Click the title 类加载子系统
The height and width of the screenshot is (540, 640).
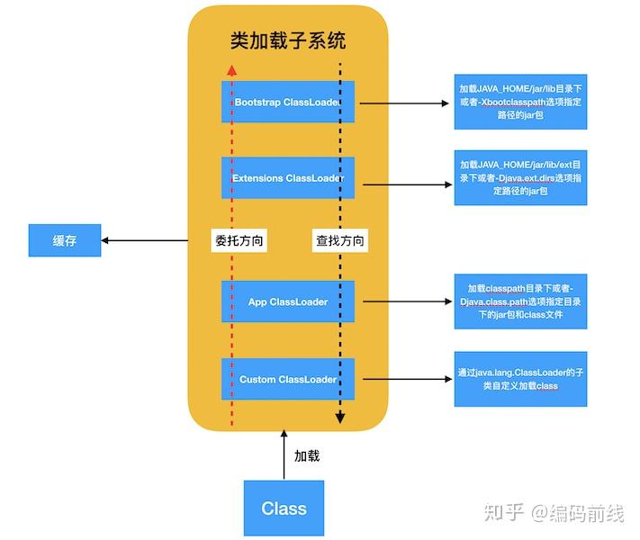pyautogui.click(x=288, y=40)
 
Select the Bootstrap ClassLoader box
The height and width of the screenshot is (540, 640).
pyautogui.click(x=288, y=102)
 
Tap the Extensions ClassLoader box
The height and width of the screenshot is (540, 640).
pyautogui.click(x=288, y=178)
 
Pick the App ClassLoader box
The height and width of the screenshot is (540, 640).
pyautogui.click(x=288, y=301)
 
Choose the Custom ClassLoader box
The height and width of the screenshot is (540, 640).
pyautogui.click(x=288, y=379)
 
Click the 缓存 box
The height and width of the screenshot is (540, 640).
pyautogui.click(x=65, y=240)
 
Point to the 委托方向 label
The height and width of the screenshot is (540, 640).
pyautogui.click(x=239, y=240)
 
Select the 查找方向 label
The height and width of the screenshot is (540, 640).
pyautogui.click(x=340, y=240)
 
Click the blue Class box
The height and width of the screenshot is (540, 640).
pyautogui.click(x=284, y=508)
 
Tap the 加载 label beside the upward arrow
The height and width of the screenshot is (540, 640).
pyautogui.click(x=307, y=456)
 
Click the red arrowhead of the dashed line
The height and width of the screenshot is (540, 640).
pyautogui.click(x=232, y=70)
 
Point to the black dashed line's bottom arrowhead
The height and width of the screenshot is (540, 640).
pyautogui.click(x=340, y=418)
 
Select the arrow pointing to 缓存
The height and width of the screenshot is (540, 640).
pyautogui.click(x=145, y=240)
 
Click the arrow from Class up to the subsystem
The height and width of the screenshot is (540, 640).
pyautogui.click(x=284, y=454)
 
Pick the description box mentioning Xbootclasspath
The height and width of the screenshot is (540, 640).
pyautogui.click(x=520, y=102)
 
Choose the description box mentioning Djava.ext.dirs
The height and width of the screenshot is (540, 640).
pyautogui.click(x=520, y=177)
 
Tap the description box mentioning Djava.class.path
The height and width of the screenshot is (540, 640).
pyautogui.click(x=520, y=301)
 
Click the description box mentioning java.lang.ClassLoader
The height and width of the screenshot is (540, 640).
pyautogui.click(x=520, y=379)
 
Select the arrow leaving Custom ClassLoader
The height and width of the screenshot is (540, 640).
pyautogui.click(x=408, y=379)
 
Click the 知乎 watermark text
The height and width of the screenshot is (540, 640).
pyautogui.click(x=504, y=512)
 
